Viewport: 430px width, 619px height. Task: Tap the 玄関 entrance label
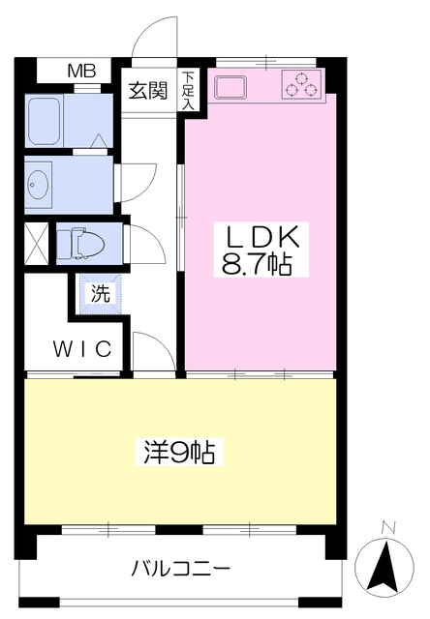(x=148, y=92)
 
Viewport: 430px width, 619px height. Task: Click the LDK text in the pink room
(x=259, y=238)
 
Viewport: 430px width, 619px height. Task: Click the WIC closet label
(x=80, y=347)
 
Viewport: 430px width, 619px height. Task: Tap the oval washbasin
(x=41, y=182)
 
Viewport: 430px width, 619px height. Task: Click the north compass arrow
(x=386, y=568)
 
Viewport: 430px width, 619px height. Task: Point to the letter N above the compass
(x=388, y=527)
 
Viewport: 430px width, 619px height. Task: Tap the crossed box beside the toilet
(x=35, y=243)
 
